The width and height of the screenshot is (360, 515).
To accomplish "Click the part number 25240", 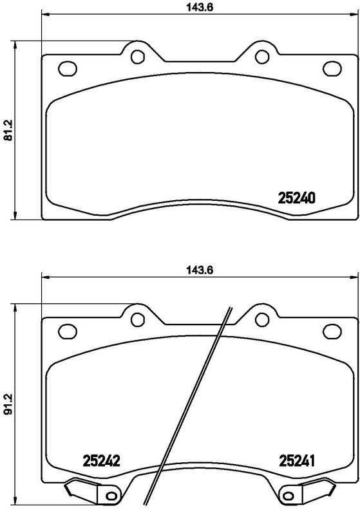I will pos(296,198).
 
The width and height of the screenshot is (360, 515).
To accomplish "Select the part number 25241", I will pos(296,460).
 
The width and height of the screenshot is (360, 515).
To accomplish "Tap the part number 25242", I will pos(102,460).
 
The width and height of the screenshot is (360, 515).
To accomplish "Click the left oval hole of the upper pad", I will pos(66,68).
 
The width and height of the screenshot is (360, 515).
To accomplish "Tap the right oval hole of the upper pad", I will pos(332,68).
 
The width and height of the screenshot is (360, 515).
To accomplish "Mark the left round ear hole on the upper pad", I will pos(137,57).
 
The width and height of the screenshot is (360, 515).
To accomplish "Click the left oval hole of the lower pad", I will pos(66,331).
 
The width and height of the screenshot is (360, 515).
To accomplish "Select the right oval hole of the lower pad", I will pos(332,331).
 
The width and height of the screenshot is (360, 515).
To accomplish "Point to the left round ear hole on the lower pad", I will pos(137,320).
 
